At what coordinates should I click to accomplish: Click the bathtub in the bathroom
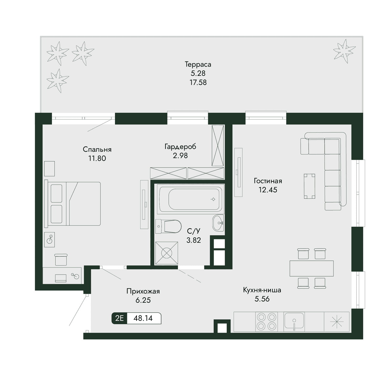[x=190, y=199]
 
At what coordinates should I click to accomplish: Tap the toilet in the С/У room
[x=168, y=226]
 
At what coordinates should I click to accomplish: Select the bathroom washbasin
[x=218, y=223]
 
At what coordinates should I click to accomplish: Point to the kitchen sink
[x=294, y=321]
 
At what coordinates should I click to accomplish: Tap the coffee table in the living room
[x=309, y=186]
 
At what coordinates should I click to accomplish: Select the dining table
[x=311, y=268]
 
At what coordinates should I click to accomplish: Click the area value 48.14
[x=143, y=318]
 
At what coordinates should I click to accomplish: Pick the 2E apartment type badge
[x=119, y=318]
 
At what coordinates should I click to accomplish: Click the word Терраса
[x=198, y=64]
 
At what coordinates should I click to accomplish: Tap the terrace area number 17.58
[x=198, y=82]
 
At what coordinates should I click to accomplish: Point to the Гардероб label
[x=180, y=147]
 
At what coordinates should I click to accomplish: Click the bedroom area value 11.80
[x=97, y=159]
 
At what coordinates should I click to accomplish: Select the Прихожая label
[x=143, y=291]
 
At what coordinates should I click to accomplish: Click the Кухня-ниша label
[x=262, y=290]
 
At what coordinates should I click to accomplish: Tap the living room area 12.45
[x=268, y=190]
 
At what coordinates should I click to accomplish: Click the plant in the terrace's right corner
[x=344, y=51]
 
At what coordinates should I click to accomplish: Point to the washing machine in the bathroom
[x=166, y=253]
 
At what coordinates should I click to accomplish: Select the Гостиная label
[x=268, y=181]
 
